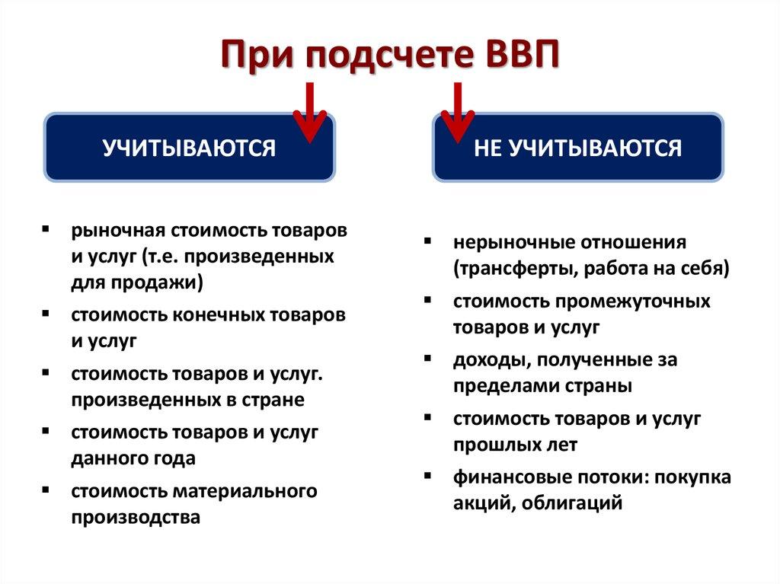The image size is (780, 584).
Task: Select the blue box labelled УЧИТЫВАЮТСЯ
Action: [189, 148]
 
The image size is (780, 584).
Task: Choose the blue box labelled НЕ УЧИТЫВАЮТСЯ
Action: [578, 148]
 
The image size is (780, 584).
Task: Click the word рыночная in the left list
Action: [118, 230]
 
